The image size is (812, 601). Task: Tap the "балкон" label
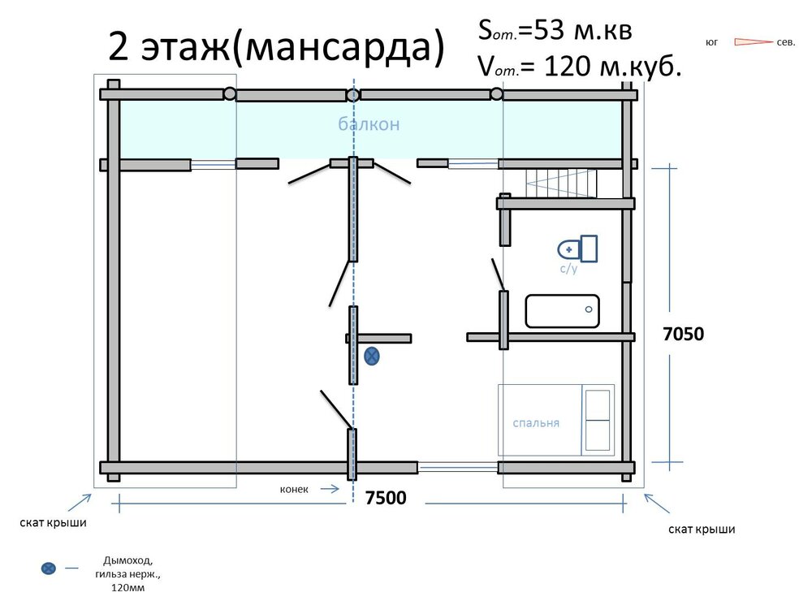[x=369, y=124]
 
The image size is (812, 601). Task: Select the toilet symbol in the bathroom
[x=577, y=249]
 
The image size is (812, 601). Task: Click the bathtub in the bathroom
[x=563, y=311]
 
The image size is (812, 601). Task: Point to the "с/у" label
[x=568, y=268]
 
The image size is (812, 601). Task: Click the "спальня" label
[x=536, y=423]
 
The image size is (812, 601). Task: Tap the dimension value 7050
[x=684, y=334]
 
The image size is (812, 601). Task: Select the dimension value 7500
[x=386, y=498]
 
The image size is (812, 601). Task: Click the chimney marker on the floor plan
[x=372, y=357]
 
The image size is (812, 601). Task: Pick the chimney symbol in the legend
[x=48, y=569]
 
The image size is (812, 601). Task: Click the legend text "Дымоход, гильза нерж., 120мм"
[x=128, y=574]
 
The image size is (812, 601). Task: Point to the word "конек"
[x=294, y=489]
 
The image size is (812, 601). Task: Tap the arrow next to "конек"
[x=330, y=489]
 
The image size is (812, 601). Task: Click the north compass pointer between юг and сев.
[x=754, y=42]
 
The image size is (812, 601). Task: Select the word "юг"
[x=712, y=42]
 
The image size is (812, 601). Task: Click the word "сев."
[x=786, y=42]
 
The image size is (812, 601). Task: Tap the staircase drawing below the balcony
[x=561, y=184]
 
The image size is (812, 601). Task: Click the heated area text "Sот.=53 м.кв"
[x=555, y=31]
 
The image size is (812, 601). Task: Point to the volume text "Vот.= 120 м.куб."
[x=580, y=67]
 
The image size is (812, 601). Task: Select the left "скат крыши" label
[x=53, y=523]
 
